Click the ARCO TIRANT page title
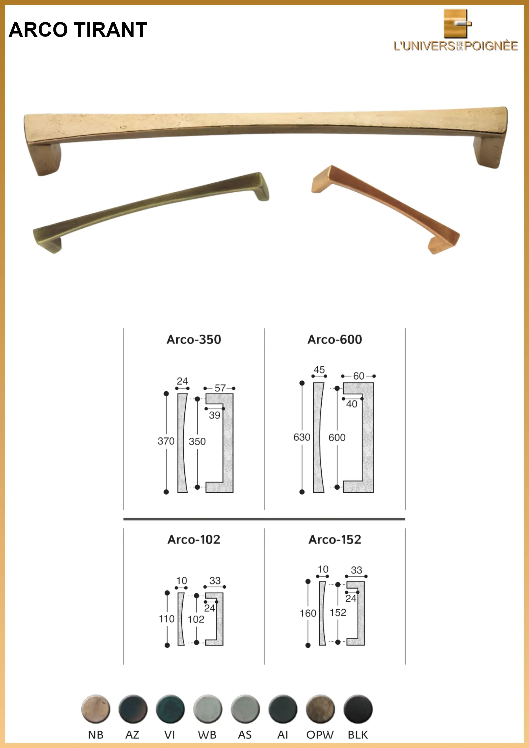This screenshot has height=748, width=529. coord(78,30)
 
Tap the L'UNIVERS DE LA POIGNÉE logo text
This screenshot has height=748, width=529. coord(456,46)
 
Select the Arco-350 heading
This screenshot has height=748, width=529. coord(194,339)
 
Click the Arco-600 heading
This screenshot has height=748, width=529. coord(335,339)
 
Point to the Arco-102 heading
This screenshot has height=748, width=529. coord(194,539)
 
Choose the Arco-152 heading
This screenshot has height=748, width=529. coord(335,539)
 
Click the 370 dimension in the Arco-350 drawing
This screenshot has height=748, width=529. coord(166,441)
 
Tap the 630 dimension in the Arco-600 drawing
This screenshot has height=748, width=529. coord(302,437)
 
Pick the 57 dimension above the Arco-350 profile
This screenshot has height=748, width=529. coord(220,388)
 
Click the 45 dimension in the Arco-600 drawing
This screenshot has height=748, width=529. coord(319,370)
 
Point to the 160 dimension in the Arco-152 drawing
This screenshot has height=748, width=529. coord(308,613)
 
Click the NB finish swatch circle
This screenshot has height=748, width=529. coord(95,709)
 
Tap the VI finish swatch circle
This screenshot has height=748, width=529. coord(170,709)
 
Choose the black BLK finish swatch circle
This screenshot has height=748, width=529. coord(358,709)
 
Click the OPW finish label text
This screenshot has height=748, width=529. coord(320,735)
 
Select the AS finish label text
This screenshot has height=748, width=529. coord(245,735)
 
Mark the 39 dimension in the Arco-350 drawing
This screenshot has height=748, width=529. coord(214,415)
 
